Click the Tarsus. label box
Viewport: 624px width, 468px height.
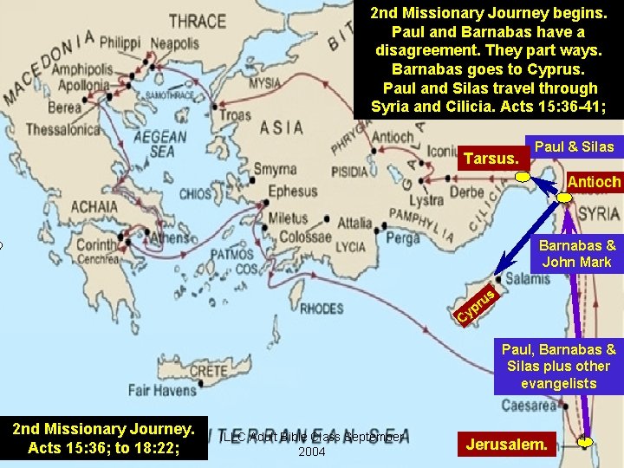click(x=492, y=159)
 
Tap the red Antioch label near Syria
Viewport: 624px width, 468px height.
click(x=593, y=182)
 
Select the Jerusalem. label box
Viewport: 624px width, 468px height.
click(x=507, y=445)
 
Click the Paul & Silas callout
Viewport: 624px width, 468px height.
click(x=574, y=146)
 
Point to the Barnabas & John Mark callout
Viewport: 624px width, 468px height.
click(x=576, y=253)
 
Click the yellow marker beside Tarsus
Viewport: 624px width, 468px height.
click(x=523, y=178)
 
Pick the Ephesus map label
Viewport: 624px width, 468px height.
click(x=293, y=191)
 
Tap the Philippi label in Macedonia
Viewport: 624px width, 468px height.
click(x=120, y=42)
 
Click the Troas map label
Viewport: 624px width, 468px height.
click(x=236, y=114)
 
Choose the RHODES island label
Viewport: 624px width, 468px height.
click(x=322, y=308)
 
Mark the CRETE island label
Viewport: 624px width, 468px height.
click(x=207, y=371)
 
